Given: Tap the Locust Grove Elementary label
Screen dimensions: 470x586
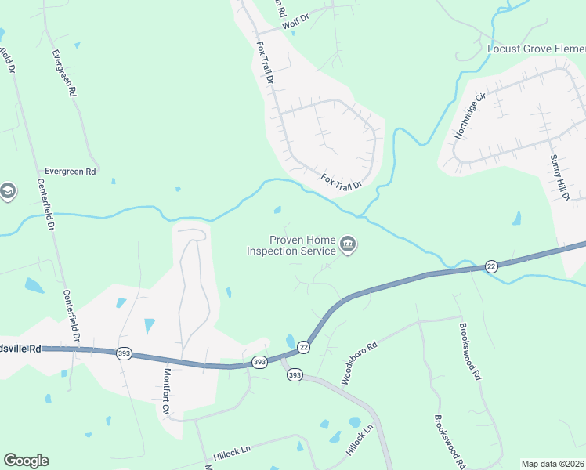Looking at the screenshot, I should point(536,49).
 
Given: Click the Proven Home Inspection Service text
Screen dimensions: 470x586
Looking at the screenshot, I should point(291,245).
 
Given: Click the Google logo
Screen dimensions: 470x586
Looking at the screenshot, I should point(26,461).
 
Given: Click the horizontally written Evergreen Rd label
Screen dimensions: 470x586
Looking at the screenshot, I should point(70,171).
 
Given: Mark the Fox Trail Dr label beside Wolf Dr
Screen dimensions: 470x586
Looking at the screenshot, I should point(264,63).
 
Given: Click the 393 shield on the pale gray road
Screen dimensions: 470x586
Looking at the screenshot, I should point(295,376).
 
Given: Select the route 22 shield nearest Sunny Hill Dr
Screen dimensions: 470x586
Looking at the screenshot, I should point(490,266).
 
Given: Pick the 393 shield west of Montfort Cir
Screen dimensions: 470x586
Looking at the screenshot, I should point(124,354).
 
